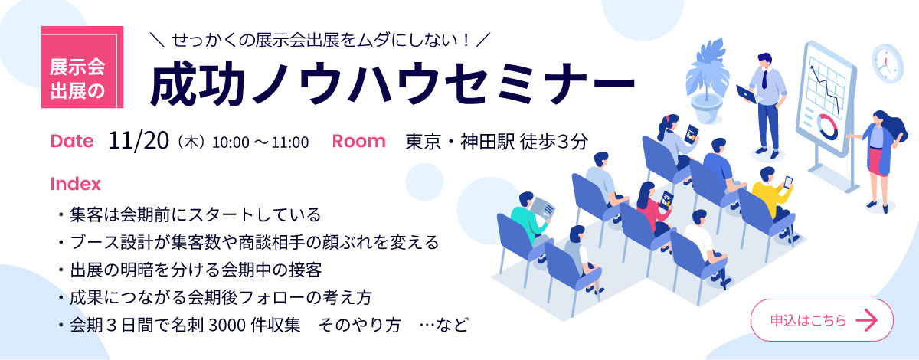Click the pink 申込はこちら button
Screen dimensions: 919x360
[822, 320]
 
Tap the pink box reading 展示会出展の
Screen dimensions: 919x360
[83, 67]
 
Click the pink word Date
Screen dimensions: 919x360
[72, 141]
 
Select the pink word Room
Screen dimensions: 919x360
[358, 141]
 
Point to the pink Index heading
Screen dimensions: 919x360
[76, 184]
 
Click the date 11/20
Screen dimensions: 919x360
[139, 141]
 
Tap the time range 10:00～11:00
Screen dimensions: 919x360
[260, 142]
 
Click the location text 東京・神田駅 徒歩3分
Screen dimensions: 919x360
[497, 142]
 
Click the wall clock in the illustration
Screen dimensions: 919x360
[887, 64]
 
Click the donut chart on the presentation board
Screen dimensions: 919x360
[827, 126]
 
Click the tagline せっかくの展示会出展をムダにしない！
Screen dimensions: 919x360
[320, 41]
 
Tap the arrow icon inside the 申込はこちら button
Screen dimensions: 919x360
[866, 320]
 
